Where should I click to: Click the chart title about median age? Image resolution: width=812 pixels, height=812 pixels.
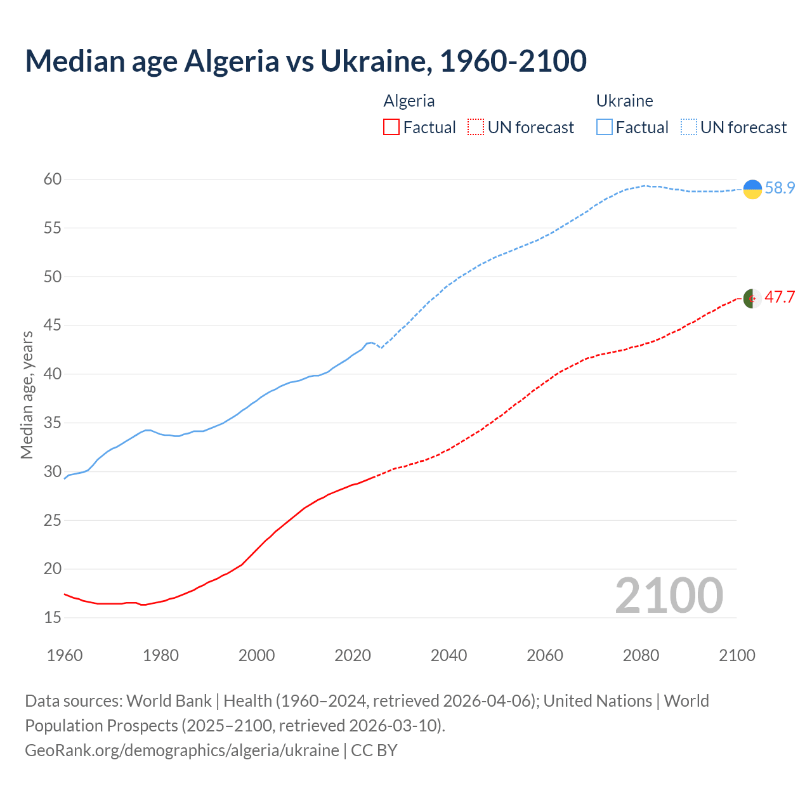(x=306, y=61)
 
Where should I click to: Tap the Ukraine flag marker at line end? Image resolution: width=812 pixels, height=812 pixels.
(x=752, y=189)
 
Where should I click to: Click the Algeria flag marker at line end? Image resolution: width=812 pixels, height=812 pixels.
(x=752, y=298)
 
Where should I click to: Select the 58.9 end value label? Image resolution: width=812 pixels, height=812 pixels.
(x=780, y=188)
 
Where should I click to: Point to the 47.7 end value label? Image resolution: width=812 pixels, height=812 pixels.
(x=780, y=298)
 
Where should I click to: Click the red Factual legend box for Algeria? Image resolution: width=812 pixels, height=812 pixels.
(x=391, y=128)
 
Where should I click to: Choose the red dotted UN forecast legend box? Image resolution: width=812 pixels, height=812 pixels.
(x=476, y=128)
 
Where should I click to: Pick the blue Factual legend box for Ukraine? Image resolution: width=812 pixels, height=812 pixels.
(x=605, y=128)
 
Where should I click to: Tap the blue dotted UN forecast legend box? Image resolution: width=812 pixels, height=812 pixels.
(x=689, y=128)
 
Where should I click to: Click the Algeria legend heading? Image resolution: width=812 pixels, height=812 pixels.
(x=409, y=101)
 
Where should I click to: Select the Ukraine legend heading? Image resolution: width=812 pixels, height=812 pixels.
(x=624, y=101)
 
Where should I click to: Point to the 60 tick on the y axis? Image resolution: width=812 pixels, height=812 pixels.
(x=53, y=180)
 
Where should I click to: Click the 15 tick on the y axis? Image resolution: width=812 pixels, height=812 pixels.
(x=53, y=617)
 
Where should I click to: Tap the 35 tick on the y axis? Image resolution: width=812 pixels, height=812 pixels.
(x=53, y=422)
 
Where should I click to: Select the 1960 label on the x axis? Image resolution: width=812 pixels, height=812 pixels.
(x=65, y=655)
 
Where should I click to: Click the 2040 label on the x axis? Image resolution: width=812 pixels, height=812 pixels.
(x=449, y=655)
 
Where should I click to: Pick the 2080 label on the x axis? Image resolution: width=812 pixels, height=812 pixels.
(x=641, y=655)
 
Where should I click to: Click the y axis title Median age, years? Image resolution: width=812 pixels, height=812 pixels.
(x=27, y=395)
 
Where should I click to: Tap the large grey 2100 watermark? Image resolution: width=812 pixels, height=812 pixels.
(x=669, y=595)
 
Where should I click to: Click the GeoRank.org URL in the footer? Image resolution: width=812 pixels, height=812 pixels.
(x=182, y=750)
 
